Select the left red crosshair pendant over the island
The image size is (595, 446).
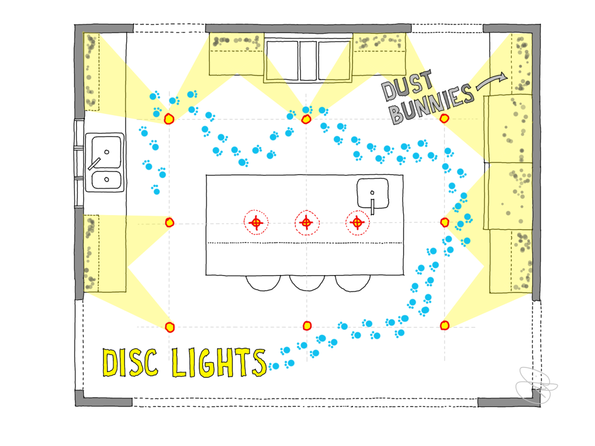coord(256,222)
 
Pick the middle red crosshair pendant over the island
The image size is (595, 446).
coord(307,222)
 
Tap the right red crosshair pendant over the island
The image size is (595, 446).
coord(357,222)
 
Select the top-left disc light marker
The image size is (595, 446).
coord(169,119)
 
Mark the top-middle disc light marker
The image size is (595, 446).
coord(307,119)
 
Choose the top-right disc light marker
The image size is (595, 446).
coord(444,119)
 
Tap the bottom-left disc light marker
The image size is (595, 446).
coord(169,326)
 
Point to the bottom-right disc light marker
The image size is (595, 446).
coord(444,325)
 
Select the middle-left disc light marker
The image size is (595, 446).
coord(169,222)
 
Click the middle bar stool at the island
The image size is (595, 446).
coord(307,283)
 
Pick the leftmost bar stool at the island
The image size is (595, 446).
coord(263,283)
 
